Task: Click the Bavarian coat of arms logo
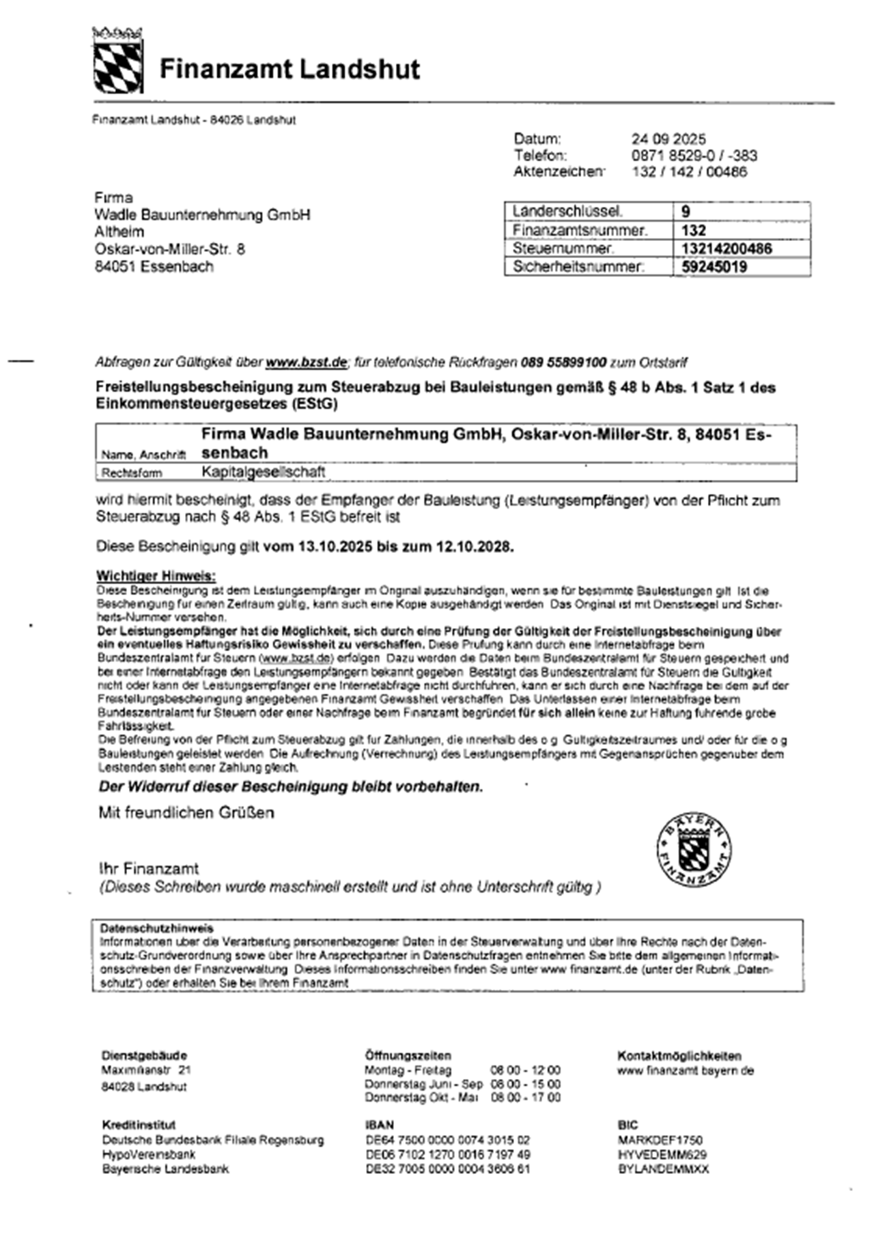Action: point(117,61)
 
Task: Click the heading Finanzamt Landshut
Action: point(290,70)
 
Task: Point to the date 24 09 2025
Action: point(668,139)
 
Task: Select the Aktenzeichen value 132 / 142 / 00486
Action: point(690,172)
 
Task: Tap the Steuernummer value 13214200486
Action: point(727,248)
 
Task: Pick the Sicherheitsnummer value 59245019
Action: point(714,267)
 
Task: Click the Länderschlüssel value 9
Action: point(686,212)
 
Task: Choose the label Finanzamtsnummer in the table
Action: point(580,230)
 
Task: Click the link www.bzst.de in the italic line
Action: point(306,362)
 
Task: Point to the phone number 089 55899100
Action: point(563,362)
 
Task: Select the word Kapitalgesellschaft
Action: point(263,472)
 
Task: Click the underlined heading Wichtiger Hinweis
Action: point(156,576)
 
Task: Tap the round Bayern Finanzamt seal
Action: point(694,850)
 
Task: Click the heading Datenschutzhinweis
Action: point(156,928)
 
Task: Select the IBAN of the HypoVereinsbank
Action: point(447,1154)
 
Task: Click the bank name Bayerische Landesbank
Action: point(165,1169)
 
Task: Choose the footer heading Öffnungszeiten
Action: point(408,1055)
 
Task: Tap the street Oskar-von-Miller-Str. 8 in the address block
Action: point(169,249)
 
